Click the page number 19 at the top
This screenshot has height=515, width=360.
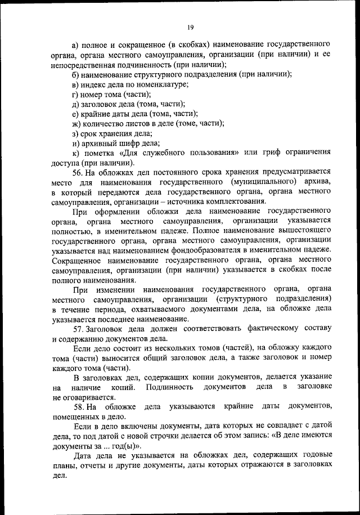[x=190, y=26]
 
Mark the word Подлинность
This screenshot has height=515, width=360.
[x=168, y=387]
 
